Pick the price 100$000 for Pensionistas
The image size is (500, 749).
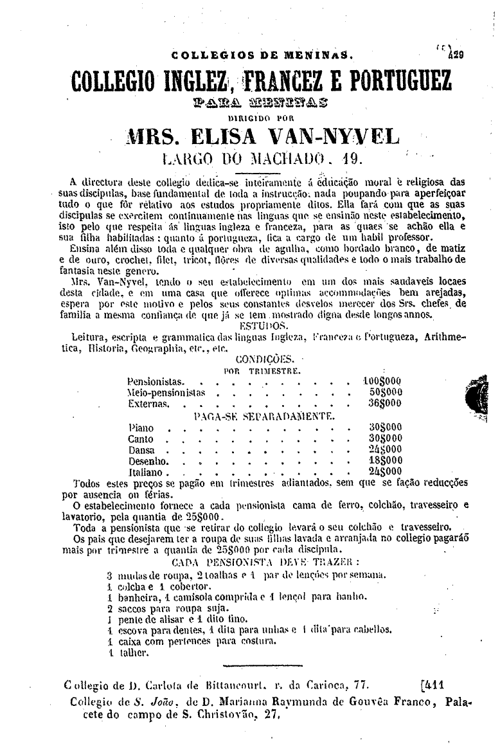coord(383,381)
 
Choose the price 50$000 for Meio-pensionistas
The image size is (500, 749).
coord(386,392)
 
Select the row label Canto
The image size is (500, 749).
coord(141,438)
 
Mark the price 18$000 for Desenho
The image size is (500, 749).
coord(386,460)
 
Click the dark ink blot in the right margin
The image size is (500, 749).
coord(479,393)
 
